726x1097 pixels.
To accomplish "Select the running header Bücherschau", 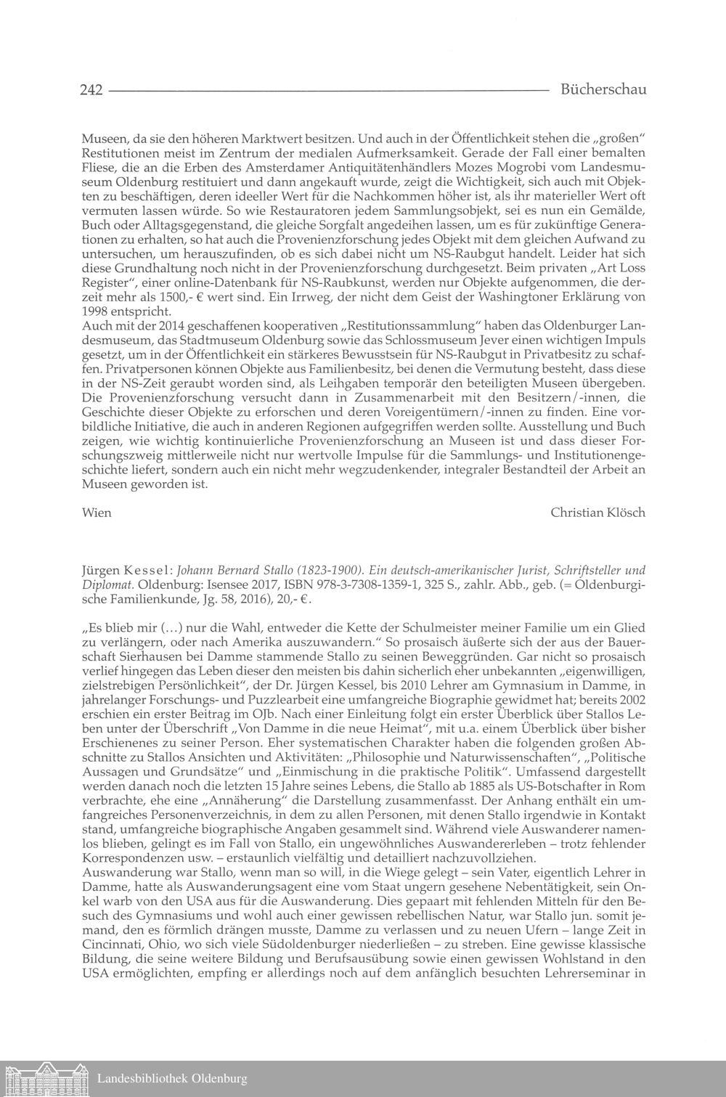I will (x=603, y=90).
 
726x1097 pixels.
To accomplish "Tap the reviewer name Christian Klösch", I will (x=597, y=513).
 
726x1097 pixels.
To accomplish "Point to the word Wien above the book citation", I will (x=96, y=513).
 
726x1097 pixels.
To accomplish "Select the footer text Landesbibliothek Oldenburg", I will (x=172, y=1079).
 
